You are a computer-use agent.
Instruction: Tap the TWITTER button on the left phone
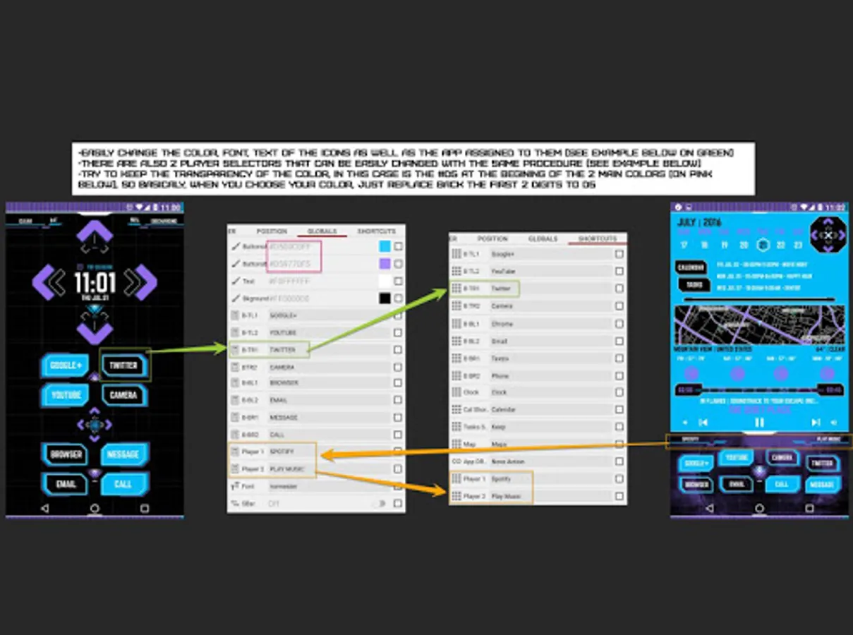pyautogui.click(x=123, y=365)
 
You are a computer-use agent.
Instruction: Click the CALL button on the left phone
pyautogui.click(x=123, y=484)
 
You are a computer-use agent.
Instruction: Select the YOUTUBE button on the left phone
pyautogui.click(x=66, y=395)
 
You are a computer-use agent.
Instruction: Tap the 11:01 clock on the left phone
pyautogui.click(x=95, y=283)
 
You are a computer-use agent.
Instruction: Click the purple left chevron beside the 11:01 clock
pyautogui.click(x=49, y=282)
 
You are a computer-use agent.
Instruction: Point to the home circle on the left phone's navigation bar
pyautogui.click(x=95, y=508)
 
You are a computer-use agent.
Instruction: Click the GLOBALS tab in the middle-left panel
pyautogui.click(x=322, y=231)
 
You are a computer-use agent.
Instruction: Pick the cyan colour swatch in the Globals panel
pyautogui.click(x=385, y=246)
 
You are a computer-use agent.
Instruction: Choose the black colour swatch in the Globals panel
pyautogui.click(x=385, y=298)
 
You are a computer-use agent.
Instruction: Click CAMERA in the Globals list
pyautogui.click(x=282, y=367)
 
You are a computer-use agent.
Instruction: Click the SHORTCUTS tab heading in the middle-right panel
pyautogui.click(x=597, y=239)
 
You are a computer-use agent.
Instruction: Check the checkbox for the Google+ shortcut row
pyautogui.click(x=619, y=254)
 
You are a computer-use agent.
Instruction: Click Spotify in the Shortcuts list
pyautogui.click(x=502, y=479)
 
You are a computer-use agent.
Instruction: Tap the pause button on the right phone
pyautogui.click(x=759, y=422)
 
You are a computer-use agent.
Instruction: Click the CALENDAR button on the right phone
pyautogui.click(x=691, y=268)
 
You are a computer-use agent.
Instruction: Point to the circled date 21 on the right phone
pyautogui.click(x=763, y=245)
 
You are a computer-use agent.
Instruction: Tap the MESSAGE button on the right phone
pyautogui.click(x=822, y=485)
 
